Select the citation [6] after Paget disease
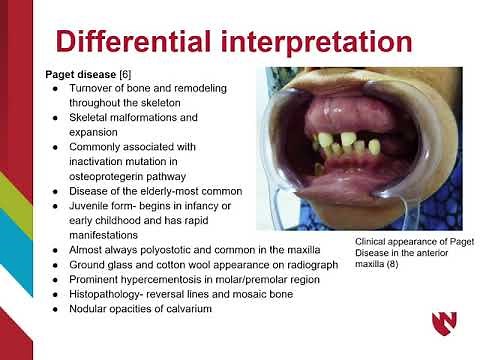(x=129, y=75)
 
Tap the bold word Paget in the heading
(x=63, y=75)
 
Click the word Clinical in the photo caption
(x=375, y=243)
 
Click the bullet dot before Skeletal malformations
(x=57, y=118)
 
